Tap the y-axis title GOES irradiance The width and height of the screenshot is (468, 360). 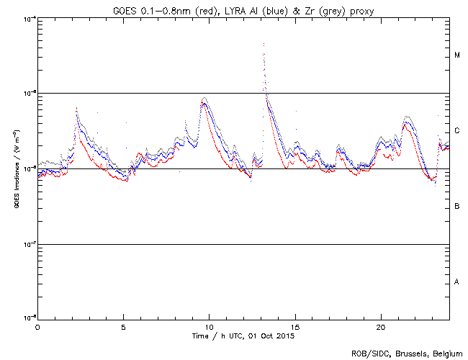click(16, 169)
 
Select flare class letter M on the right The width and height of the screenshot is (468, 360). click(457, 55)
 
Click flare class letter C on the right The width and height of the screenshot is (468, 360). click(457, 131)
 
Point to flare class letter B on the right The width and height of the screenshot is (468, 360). click(457, 207)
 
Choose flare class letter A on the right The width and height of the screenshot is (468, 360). click(457, 282)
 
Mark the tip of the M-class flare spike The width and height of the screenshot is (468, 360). click(264, 43)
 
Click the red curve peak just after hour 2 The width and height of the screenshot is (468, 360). click(77, 108)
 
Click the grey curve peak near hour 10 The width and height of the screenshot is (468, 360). click(205, 98)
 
